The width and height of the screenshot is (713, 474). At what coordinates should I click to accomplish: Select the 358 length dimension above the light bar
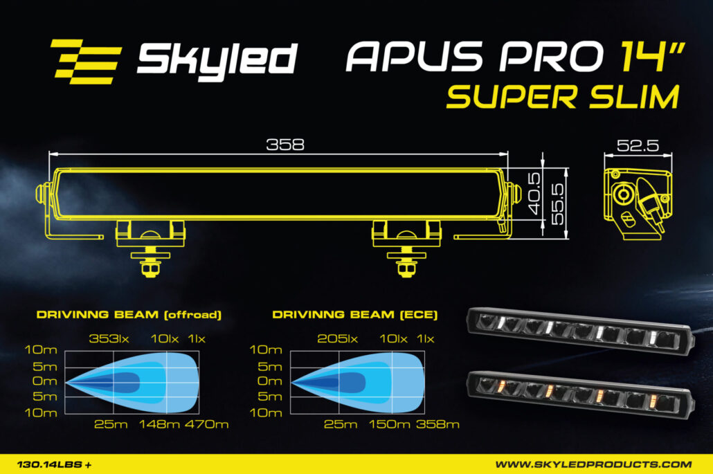(x=285, y=145)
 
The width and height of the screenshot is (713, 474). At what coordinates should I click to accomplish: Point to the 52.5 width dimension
(x=637, y=146)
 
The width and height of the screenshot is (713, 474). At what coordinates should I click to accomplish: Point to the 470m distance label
(x=206, y=423)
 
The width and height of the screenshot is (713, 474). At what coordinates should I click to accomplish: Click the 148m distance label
(x=160, y=423)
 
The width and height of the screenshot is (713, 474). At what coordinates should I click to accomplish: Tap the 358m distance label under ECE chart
(x=437, y=423)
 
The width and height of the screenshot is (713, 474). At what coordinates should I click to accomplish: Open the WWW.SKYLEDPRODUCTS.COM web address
(x=593, y=464)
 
